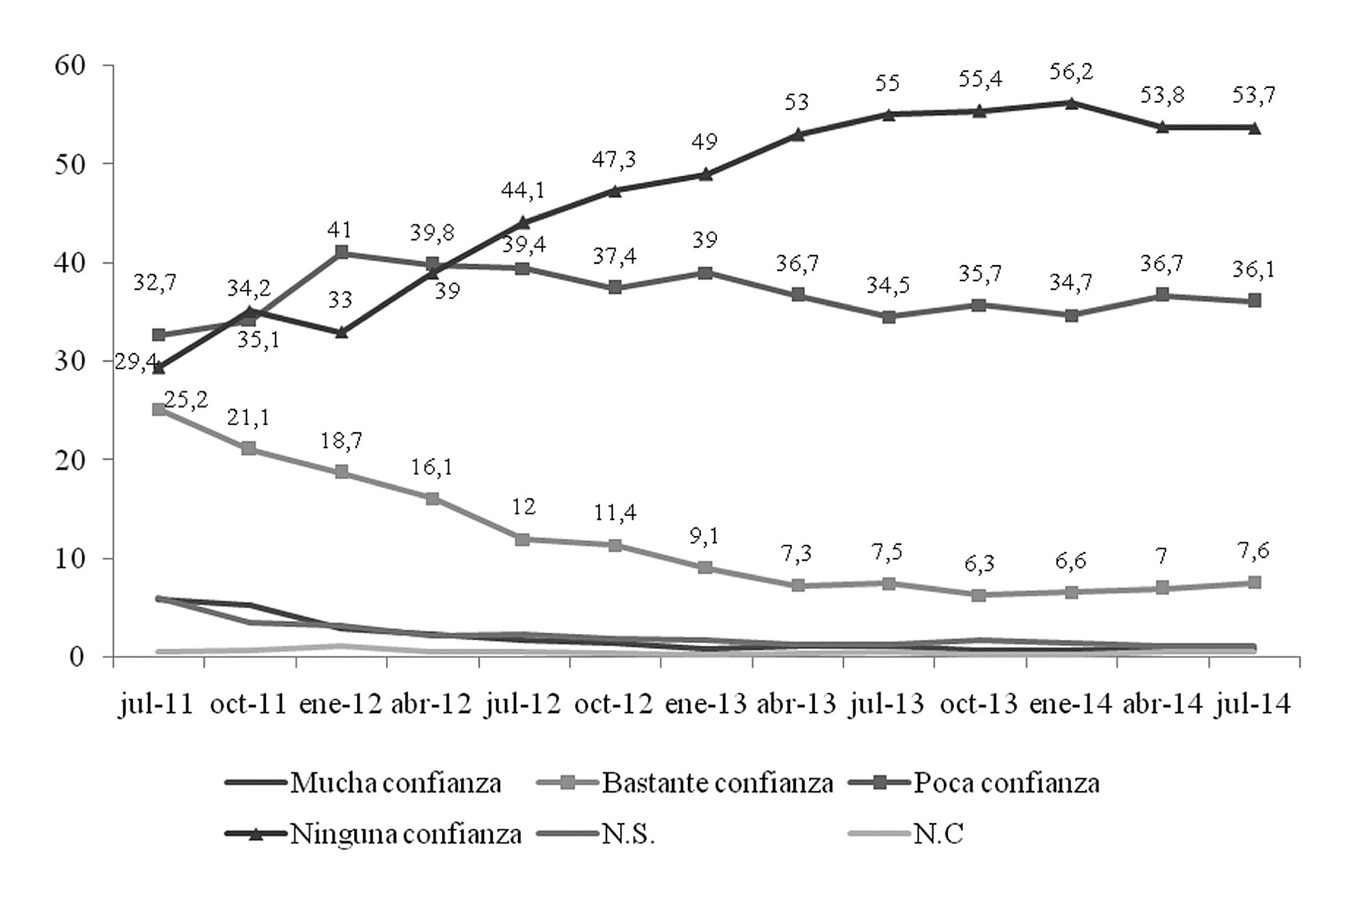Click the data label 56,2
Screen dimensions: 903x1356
pyautogui.click(x=1071, y=72)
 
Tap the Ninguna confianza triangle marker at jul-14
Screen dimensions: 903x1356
pyautogui.click(x=1254, y=128)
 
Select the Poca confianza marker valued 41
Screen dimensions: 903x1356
pyautogui.click(x=342, y=253)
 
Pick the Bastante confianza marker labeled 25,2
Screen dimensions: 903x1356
pyautogui.click(x=159, y=410)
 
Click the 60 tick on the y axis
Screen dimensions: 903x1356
pyautogui.click(x=70, y=65)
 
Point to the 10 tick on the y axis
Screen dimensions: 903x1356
pyautogui.click(x=70, y=558)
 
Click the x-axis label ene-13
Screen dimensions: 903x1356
pyautogui.click(x=706, y=705)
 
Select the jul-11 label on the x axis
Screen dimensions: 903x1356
pyautogui.click(x=156, y=705)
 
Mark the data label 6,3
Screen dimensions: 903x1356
pyautogui.click(x=980, y=564)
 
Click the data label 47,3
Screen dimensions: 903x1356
pyautogui.click(x=615, y=160)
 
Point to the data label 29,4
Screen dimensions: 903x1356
pyautogui.click(x=137, y=361)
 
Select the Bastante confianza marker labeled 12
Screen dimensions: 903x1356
pyautogui.click(x=523, y=539)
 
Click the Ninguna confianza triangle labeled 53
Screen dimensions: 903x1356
pyautogui.click(x=798, y=134)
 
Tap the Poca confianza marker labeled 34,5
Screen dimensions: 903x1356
pyautogui.click(x=889, y=317)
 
